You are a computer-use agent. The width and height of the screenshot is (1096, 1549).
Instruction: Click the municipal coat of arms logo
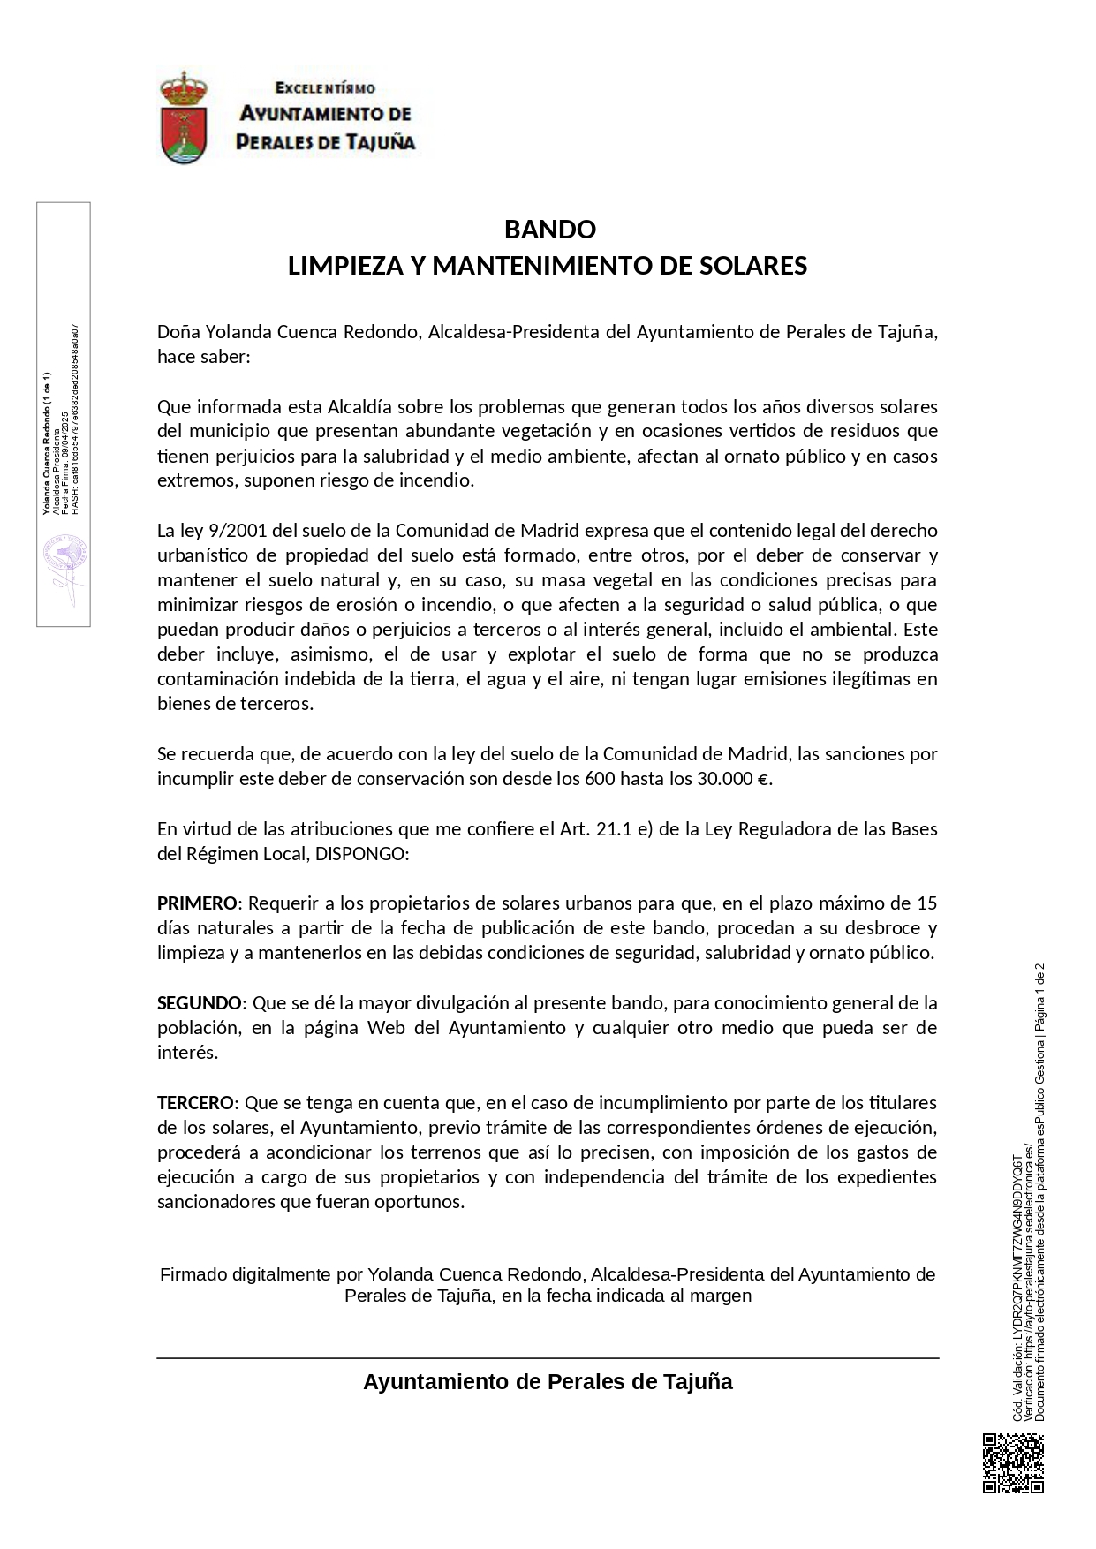184,118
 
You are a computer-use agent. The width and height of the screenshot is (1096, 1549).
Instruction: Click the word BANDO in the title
549,230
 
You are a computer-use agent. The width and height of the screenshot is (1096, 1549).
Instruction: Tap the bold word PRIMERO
197,903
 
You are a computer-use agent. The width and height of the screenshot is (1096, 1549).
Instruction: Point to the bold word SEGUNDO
200,1003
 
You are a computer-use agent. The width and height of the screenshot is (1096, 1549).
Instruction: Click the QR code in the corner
1013,1464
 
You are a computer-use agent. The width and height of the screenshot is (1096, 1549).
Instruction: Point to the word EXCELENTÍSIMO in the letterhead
325,88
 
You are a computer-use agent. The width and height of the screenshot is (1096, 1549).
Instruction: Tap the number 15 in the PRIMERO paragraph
926,903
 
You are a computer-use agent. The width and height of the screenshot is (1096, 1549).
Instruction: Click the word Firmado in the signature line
193,1274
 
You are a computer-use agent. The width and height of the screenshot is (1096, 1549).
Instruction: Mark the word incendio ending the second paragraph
436,481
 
